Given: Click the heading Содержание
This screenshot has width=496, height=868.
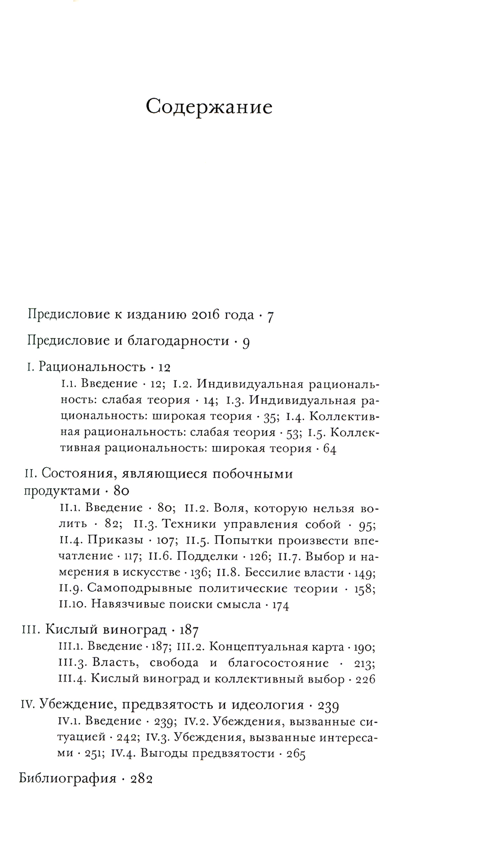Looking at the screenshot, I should [x=209, y=107].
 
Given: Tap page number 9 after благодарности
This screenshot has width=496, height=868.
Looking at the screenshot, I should [x=246, y=342].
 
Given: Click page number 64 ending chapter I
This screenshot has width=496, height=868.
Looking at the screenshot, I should [x=329, y=449].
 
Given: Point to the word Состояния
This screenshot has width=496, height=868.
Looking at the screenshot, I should [x=69, y=474].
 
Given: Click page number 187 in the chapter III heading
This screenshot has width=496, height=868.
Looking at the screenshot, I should [x=188, y=630].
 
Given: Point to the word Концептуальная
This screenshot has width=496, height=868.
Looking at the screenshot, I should [x=251, y=646].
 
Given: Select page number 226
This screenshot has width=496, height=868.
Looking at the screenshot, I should [x=366, y=679].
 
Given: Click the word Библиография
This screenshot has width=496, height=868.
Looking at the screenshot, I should [x=67, y=778].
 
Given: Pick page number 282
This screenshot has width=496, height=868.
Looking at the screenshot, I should [x=141, y=778].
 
